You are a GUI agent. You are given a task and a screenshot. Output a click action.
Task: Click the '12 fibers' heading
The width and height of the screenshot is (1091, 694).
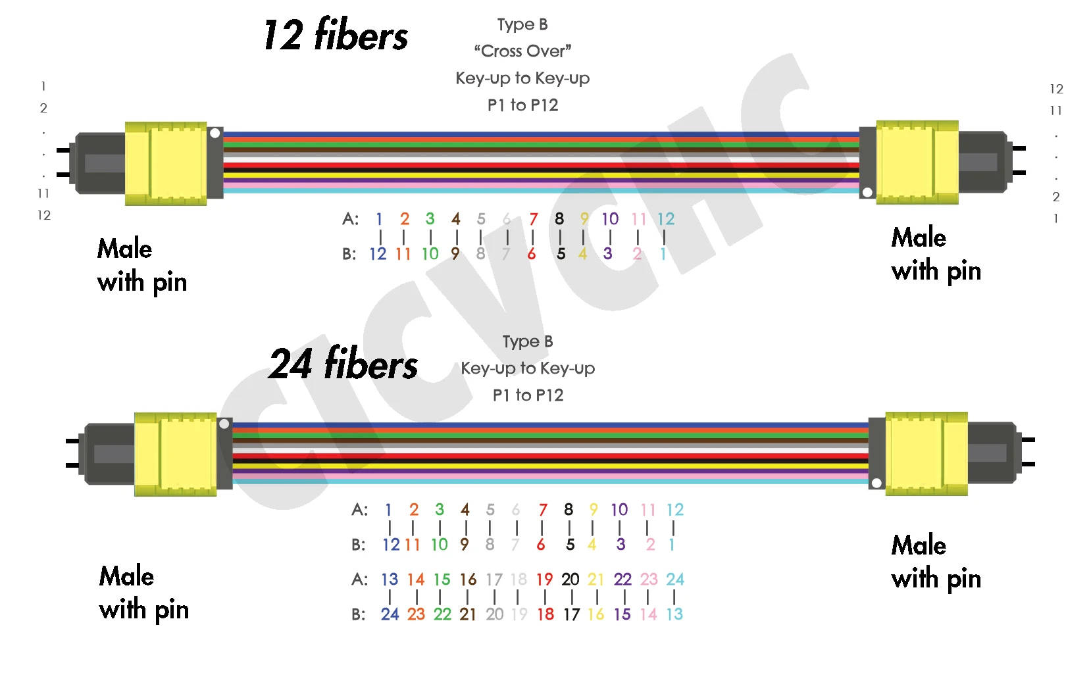point(336,35)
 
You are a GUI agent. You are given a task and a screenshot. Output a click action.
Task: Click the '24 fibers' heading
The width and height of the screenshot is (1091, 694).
point(343,364)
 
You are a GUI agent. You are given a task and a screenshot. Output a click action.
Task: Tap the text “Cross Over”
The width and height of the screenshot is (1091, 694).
point(522,51)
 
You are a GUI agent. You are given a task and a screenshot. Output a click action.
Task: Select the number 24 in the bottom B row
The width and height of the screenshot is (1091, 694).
point(390,614)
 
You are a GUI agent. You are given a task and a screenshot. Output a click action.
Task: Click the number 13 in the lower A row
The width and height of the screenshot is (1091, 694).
point(390,580)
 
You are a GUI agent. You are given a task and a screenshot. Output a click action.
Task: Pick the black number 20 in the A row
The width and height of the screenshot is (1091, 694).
point(570,580)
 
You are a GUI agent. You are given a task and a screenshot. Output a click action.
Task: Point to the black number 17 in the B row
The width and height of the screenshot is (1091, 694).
point(571,614)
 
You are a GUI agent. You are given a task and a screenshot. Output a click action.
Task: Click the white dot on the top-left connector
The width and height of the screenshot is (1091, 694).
point(215,133)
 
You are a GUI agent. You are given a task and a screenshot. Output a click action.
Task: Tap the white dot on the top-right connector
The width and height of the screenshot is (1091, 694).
point(867,193)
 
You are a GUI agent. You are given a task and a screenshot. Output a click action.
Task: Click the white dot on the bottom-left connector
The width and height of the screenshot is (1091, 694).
point(224,424)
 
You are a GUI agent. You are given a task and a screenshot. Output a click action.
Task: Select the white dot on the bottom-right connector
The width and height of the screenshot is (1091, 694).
point(876,483)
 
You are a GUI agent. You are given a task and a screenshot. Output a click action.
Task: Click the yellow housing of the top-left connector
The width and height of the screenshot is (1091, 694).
point(166,163)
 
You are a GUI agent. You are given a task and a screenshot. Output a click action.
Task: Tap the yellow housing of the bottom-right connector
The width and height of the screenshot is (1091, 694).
point(926,453)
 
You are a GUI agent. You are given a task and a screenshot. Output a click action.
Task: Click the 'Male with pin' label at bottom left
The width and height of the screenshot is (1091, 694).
point(144,593)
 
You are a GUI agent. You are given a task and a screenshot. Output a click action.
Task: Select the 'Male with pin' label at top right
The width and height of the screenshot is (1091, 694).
point(936,255)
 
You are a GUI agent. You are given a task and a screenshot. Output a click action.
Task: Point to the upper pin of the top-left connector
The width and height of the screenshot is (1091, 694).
point(64,150)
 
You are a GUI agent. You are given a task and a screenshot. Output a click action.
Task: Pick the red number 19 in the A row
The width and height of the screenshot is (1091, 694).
point(544,580)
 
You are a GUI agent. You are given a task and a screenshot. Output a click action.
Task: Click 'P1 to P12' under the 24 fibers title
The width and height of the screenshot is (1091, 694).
point(528,395)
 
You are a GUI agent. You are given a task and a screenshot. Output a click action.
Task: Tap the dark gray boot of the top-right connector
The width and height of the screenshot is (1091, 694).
point(981,161)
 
